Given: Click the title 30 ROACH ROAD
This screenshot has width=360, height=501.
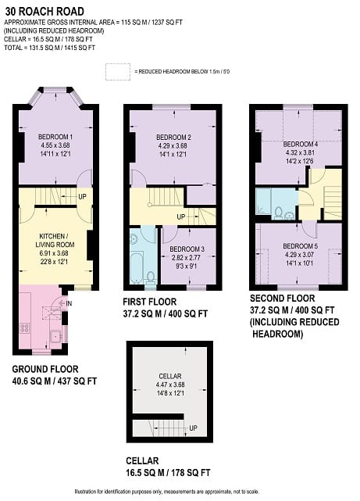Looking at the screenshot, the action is click(45, 12).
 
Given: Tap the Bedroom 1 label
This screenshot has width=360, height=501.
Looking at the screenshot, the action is click(55, 137).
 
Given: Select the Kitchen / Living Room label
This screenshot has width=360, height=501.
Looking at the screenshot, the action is click(55, 240).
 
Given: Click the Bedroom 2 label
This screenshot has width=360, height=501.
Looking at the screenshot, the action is click(173, 138).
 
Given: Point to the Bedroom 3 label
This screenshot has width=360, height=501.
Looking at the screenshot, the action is click(187, 249).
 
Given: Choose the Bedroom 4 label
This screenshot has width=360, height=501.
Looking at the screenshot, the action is click(301, 144).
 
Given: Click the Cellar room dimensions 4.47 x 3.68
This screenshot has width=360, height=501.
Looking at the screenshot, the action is click(169, 385).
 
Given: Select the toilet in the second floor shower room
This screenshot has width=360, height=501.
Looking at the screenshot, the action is click(279, 213).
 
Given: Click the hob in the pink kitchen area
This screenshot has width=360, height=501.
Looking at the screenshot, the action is click(24, 327).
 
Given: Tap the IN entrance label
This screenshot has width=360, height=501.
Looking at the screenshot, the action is click(69, 303).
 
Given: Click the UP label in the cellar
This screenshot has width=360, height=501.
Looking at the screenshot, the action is click(193, 428).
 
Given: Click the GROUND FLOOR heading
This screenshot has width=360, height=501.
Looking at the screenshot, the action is click(45, 370).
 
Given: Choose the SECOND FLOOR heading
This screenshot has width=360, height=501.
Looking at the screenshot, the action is click(282, 299).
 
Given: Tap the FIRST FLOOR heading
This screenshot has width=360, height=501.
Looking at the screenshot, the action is click(150, 302).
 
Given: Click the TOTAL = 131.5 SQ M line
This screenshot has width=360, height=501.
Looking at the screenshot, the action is click(49, 48).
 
